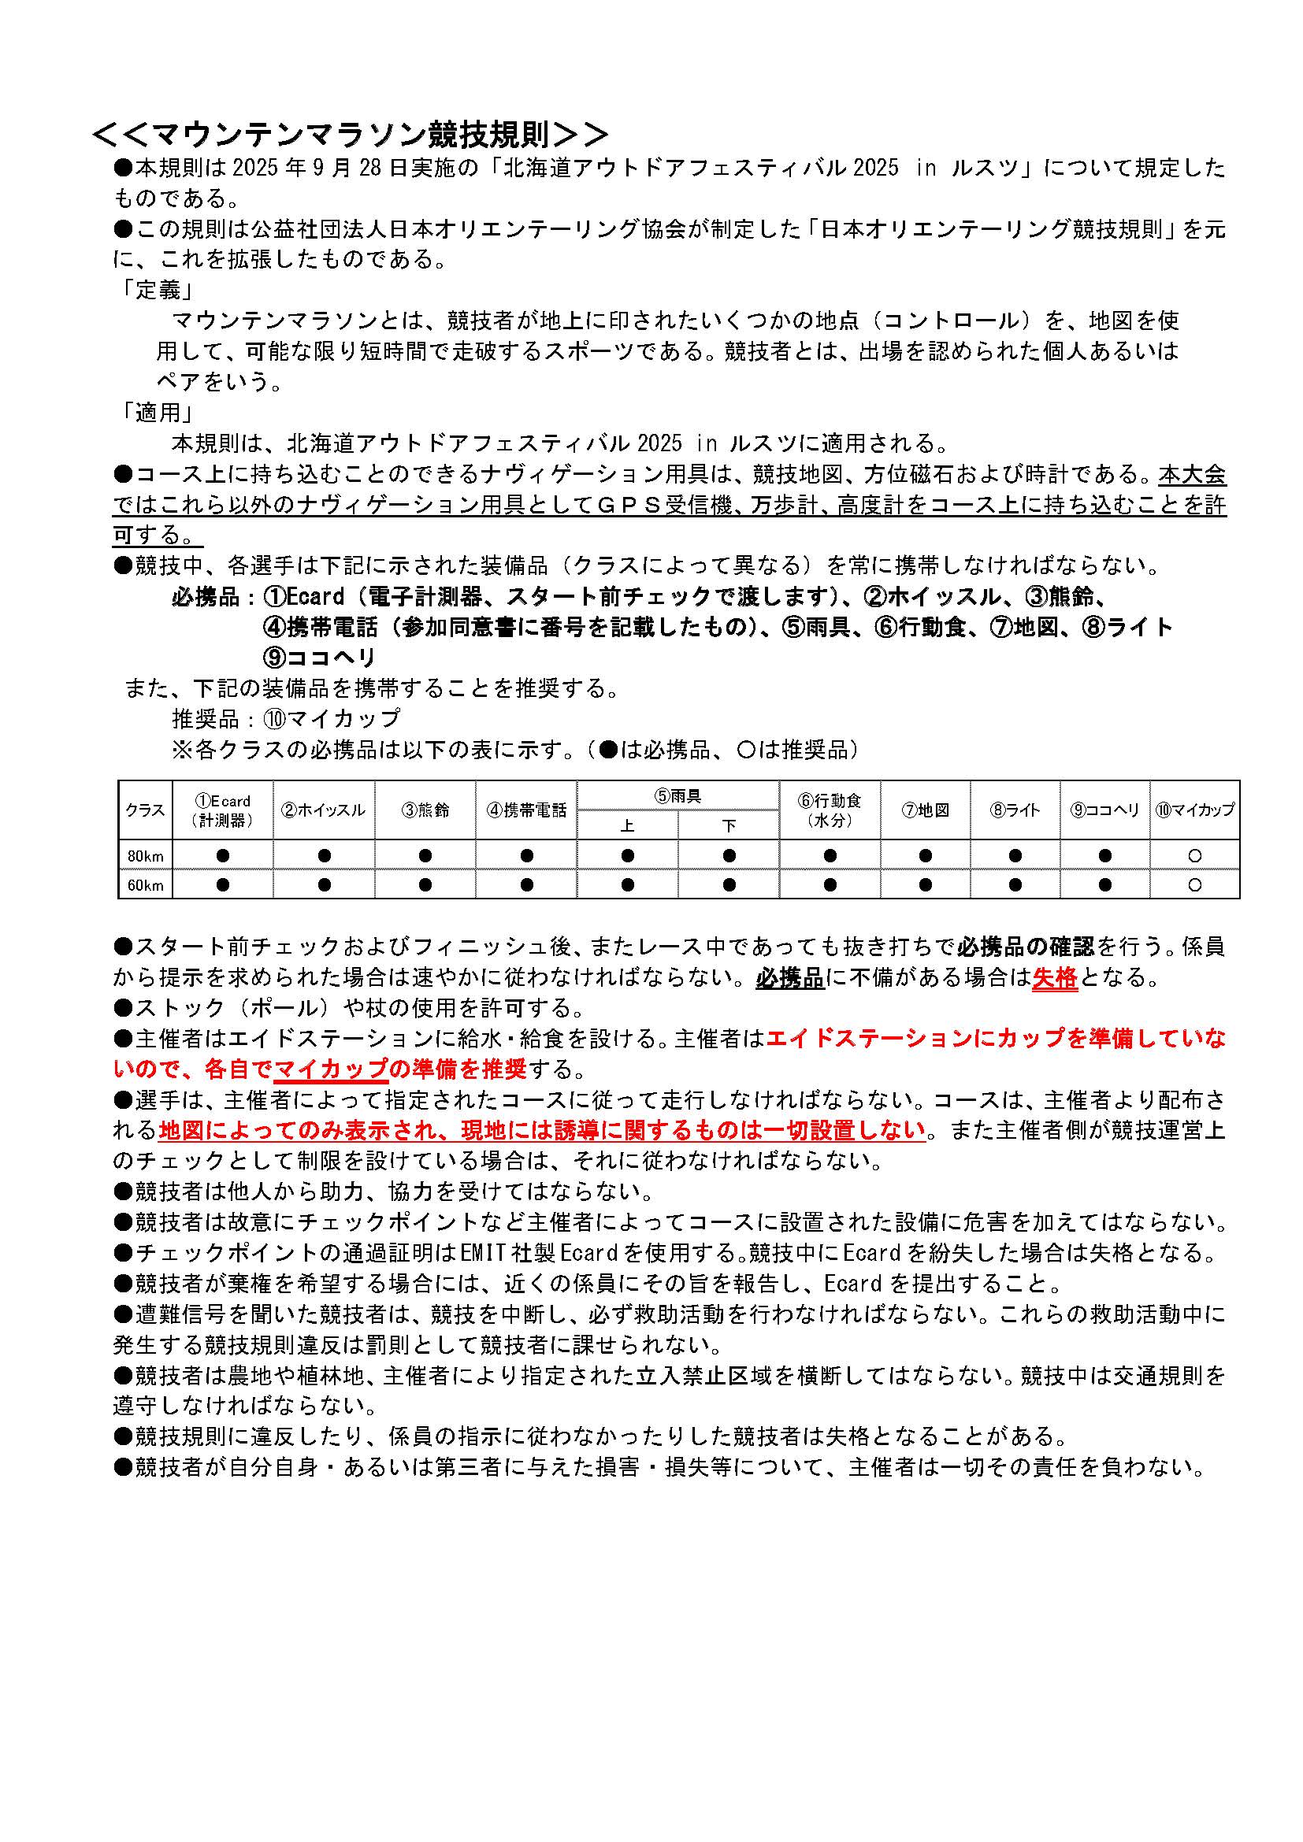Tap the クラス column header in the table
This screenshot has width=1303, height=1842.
[145, 810]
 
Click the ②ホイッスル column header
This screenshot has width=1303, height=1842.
[323, 810]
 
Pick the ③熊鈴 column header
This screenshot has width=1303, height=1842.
[425, 810]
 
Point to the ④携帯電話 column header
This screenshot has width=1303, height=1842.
[526, 810]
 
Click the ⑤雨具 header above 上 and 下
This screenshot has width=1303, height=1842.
[677, 796]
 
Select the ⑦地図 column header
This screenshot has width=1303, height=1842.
[925, 810]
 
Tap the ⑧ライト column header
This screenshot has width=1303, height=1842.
[1015, 810]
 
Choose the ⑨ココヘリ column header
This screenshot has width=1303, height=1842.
[1104, 810]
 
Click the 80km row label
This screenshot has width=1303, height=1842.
[145, 856]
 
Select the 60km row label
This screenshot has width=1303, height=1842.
[145, 885]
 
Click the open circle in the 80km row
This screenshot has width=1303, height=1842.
[1195, 856]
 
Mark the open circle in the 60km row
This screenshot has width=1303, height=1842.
[1195, 885]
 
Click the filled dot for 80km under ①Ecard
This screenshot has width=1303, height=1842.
[223, 856]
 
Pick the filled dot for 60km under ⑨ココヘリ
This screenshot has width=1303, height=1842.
[1104, 885]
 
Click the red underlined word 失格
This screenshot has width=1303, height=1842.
[1054, 977]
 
